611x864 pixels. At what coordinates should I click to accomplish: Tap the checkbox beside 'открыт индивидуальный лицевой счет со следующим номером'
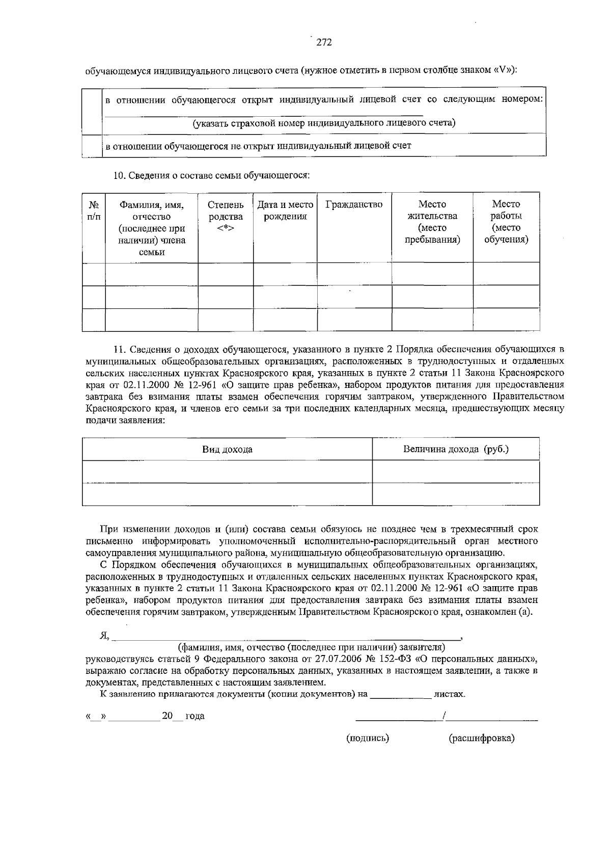click(x=92, y=111)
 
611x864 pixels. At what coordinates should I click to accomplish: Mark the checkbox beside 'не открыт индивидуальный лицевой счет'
click(x=92, y=146)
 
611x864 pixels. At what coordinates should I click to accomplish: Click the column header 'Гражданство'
click(x=354, y=205)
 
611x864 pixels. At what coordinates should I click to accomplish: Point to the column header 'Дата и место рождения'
click(x=285, y=211)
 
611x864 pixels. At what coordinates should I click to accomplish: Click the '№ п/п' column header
click(x=94, y=211)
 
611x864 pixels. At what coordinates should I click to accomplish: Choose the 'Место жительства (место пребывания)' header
click(x=432, y=222)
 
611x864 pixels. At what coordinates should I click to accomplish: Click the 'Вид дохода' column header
click(x=227, y=450)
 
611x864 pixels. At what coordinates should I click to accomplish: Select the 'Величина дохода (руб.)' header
click(x=456, y=449)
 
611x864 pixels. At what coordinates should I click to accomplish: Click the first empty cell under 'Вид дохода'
click(x=227, y=472)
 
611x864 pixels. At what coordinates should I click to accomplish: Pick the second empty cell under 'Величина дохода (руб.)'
click(x=456, y=494)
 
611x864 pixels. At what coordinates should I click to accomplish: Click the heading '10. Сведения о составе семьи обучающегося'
click(x=211, y=175)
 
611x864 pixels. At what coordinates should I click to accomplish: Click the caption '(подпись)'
click(x=368, y=738)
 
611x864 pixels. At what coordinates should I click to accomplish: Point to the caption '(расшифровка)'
click(x=481, y=738)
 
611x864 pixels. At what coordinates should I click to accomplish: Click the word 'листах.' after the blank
click(x=449, y=694)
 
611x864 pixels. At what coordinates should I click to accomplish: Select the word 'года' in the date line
click(x=195, y=716)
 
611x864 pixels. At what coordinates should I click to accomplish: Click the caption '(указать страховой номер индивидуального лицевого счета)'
click(x=324, y=123)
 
